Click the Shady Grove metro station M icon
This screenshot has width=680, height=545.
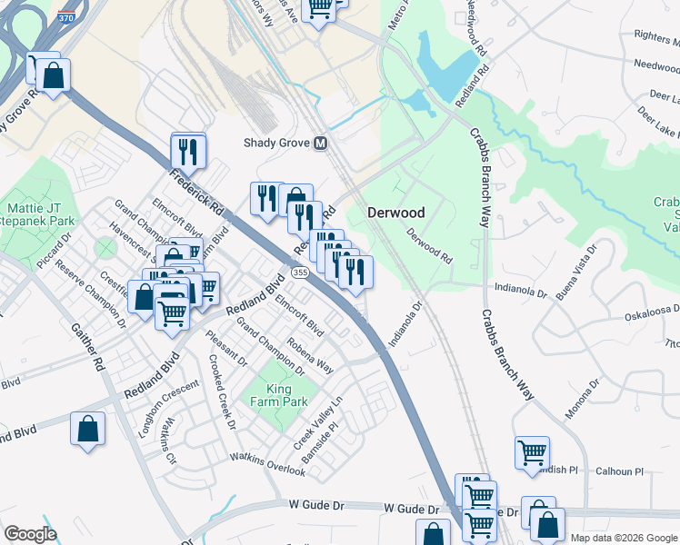click(320, 144)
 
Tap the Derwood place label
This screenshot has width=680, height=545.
click(395, 213)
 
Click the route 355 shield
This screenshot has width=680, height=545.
click(299, 273)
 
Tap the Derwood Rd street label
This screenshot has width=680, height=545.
click(429, 245)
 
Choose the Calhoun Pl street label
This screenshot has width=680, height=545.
click(619, 472)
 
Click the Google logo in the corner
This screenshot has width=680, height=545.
click(30, 534)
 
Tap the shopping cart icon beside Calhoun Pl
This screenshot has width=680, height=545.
click(532, 451)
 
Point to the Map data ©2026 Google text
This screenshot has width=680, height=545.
click(623, 537)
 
